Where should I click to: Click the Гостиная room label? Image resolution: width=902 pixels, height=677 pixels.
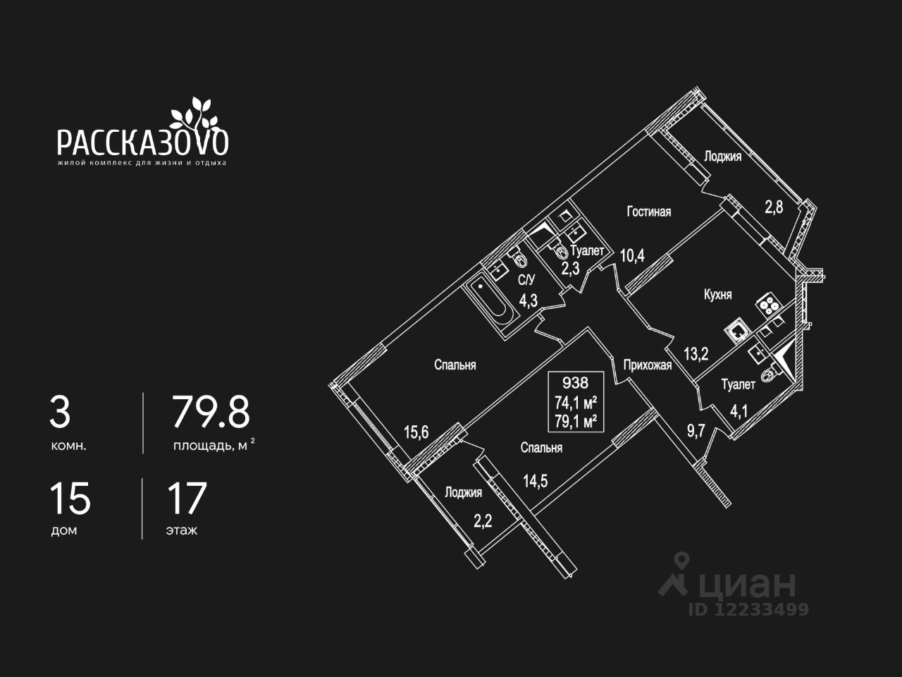click(x=649, y=211)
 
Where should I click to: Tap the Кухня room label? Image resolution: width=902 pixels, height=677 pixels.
click(x=717, y=294)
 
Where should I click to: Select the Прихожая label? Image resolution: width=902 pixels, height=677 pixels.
click(x=647, y=365)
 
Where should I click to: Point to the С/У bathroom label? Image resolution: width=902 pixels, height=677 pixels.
click(x=527, y=281)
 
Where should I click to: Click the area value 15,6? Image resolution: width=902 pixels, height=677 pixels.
click(x=416, y=432)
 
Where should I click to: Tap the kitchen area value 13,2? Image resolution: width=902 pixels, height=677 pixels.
click(x=696, y=353)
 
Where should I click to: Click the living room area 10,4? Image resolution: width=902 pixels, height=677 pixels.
click(x=632, y=255)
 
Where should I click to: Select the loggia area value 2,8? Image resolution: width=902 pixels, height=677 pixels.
click(x=774, y=207)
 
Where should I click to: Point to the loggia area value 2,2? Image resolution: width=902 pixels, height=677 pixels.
click(x=483, y=522)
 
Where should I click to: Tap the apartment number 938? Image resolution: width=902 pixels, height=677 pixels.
click(x=575, y=383)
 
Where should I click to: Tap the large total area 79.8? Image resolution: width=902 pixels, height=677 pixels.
click(x=211, y=413)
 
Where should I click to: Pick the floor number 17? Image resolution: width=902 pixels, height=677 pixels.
click(x=187, y=499)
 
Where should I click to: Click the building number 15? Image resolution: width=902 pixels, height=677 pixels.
click(x=70, y=499)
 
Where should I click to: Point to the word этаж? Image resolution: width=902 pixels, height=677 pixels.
click(x=182, y=530)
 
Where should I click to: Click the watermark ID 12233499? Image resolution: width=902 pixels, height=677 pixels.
click(x=748, y=609)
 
